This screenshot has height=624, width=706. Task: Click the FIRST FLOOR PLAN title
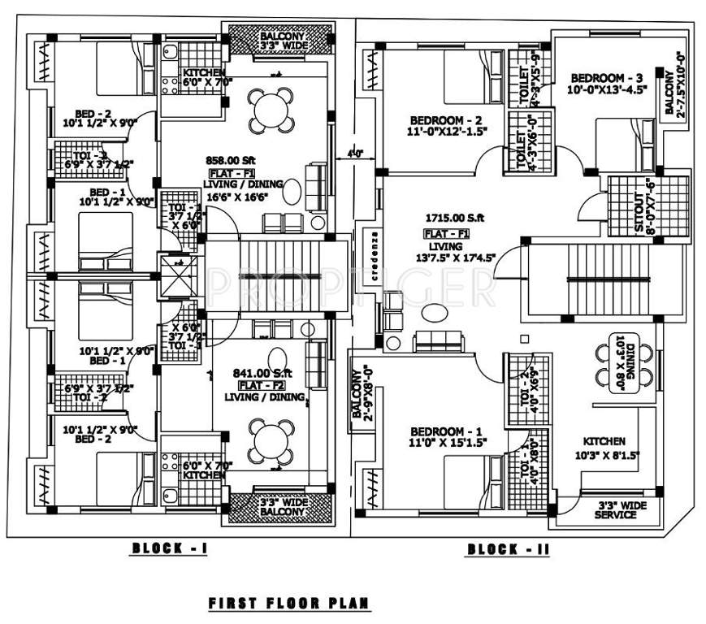pos(289,604)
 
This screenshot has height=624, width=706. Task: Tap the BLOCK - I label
pos(171,549)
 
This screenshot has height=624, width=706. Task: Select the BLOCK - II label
pos(508,550)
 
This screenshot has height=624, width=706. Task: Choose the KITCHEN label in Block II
pos(604,440)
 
